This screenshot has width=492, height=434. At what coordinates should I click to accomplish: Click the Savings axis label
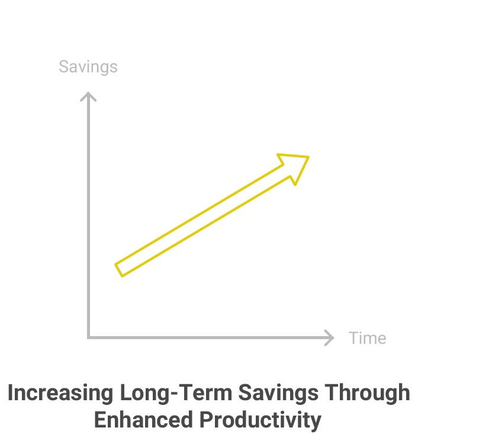point(88,67)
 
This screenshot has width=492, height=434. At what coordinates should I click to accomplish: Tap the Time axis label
point(368,338)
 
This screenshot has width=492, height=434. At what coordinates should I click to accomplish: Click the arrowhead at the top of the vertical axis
point(88,96)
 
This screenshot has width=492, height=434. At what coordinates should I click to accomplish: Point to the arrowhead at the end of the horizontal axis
point(329,338)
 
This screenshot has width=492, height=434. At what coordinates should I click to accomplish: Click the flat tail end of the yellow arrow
point(119,270)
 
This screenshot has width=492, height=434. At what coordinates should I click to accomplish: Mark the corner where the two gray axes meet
point(88,338)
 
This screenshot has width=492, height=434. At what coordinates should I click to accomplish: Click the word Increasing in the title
point(60,393)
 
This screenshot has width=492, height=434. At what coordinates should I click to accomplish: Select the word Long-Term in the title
point(176,393)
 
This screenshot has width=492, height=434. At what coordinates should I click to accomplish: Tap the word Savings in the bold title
point(278,393)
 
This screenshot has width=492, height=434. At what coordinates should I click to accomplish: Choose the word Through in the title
point(368,393)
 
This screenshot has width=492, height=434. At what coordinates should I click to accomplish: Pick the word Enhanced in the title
point(143,420)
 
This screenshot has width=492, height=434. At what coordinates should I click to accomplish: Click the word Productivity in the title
point(261,420)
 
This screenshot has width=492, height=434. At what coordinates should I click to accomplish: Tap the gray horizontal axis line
point(210,338)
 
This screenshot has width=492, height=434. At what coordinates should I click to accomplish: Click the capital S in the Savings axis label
point(64,66)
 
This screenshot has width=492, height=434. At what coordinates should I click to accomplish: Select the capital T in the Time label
point(354,338)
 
